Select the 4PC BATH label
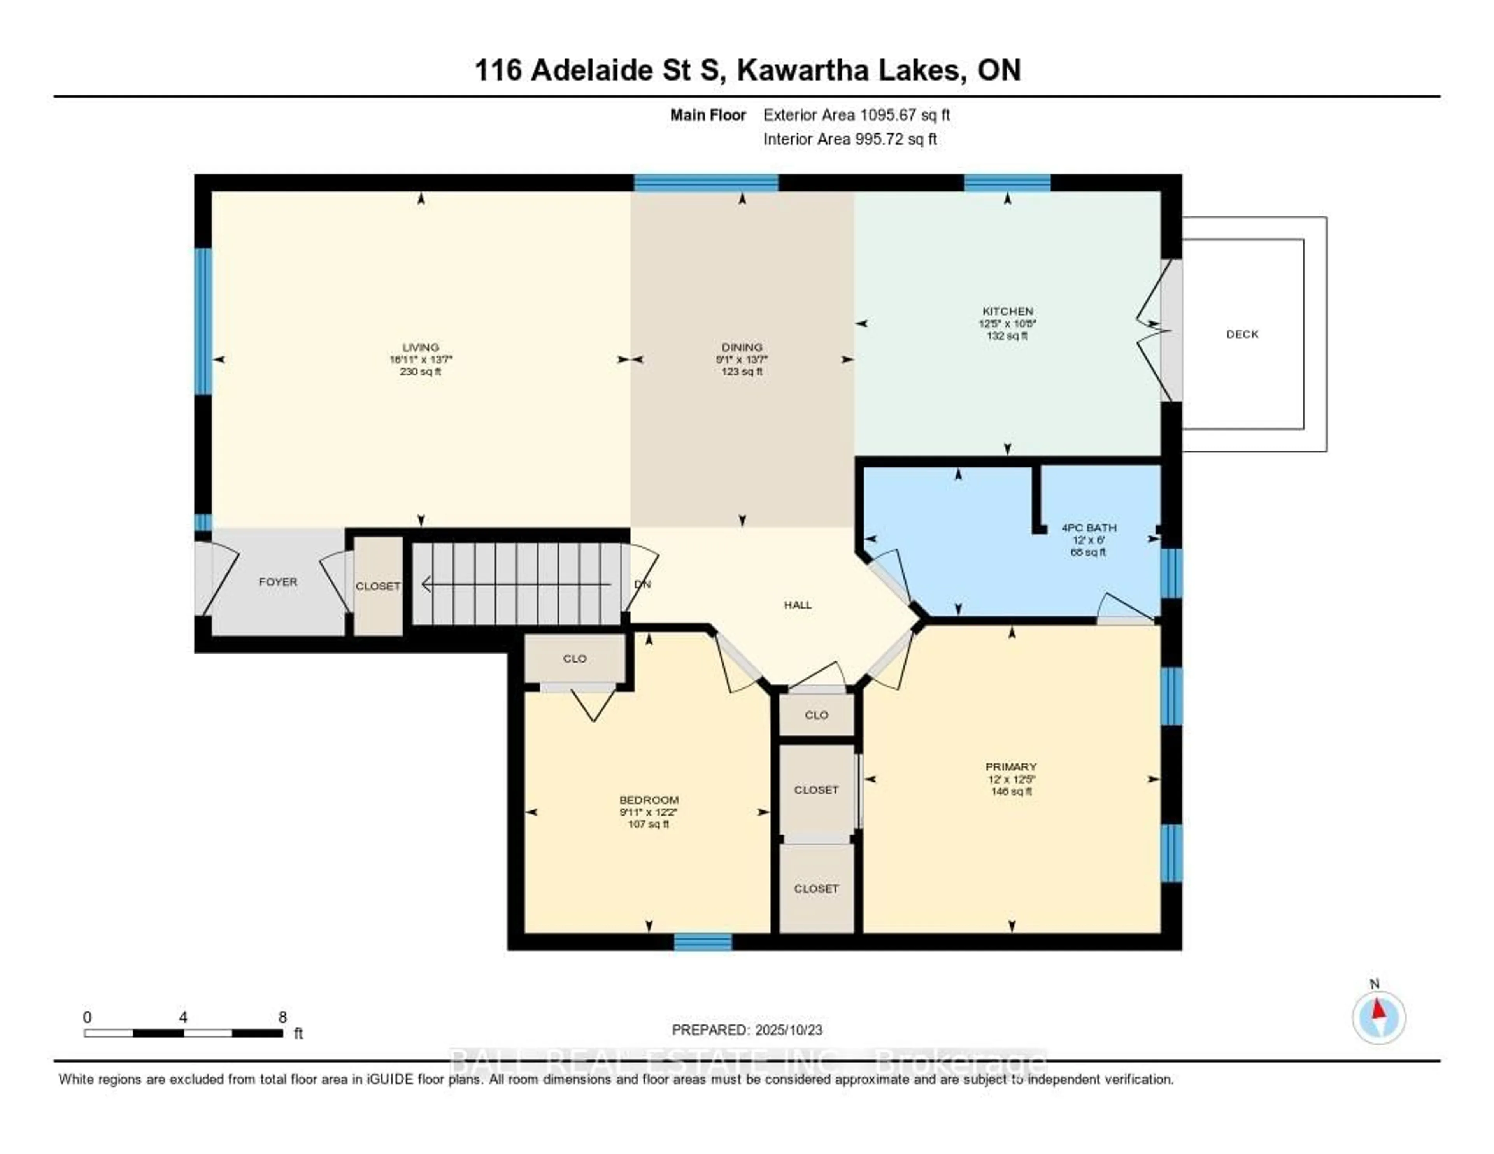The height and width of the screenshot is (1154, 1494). (x=1088, y=528)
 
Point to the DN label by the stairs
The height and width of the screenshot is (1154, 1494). (x=642, y=584)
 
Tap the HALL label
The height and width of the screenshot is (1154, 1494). (x=798, y=605)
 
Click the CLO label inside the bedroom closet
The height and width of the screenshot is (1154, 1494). (x=575, y=659)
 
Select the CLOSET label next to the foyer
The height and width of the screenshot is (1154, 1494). (x=378, y=587)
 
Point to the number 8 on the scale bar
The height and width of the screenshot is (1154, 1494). (x=282, y=1017)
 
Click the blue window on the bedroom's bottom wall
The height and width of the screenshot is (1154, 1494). (x=703, y=942)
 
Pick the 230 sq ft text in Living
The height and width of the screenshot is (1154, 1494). (x=420, y=372)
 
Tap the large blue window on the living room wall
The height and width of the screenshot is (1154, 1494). (x=203, y=321)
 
